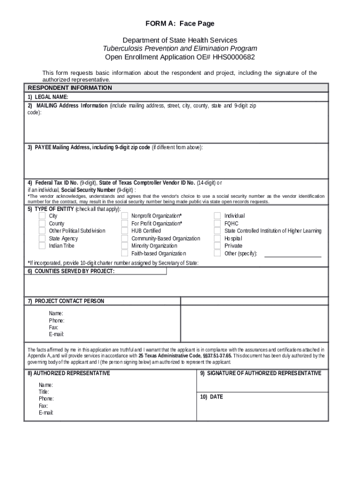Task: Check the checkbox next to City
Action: pos(42,216)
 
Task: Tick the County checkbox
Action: pos(42,223)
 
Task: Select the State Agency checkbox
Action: pos(42,238)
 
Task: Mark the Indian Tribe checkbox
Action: pos(42,246)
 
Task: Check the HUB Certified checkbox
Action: pos(124,231)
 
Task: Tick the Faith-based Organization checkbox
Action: pos(124,253)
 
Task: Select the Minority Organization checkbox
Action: pos(124,246)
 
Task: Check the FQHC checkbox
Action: pos(217,223)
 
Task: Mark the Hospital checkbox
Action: pos(217,238)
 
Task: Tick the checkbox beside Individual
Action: pos(217,216)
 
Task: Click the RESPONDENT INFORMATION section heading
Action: pos(70,88)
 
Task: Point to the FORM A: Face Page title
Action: pos(180,23)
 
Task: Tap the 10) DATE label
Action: pos(212,397)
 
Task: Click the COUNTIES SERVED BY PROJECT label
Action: pos(71,271)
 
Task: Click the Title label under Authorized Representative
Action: pos(44,392)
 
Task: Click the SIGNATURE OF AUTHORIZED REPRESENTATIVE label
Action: pos(261,373)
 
